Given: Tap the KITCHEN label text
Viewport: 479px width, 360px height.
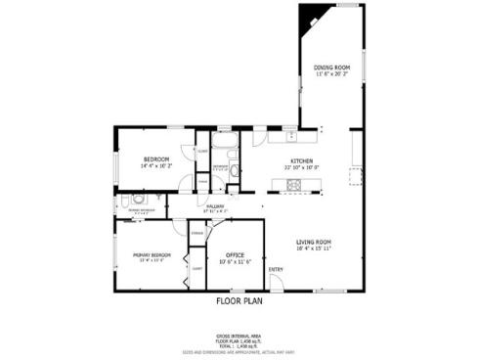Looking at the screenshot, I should (300, 160).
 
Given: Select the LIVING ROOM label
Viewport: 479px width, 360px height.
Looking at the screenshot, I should (315, 242).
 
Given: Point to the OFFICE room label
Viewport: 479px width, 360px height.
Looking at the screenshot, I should (235, 254).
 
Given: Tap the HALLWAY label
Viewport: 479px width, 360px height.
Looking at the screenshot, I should (216, 205).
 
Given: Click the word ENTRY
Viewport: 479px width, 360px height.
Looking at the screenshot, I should (276, 270).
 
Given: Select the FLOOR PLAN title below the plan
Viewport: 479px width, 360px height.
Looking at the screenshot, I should (239, 301).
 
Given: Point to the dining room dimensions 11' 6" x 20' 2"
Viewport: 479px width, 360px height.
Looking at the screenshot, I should (332, 74).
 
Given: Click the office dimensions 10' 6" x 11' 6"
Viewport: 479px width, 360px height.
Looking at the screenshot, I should (236, 261).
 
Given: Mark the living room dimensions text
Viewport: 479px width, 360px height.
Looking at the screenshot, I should (315, 248).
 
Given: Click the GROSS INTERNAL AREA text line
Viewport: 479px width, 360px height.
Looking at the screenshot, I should (239, 335).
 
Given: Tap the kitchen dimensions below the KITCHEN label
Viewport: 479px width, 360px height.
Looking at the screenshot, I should (301, 167).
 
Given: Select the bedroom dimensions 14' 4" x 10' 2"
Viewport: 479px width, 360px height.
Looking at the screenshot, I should (156, 166).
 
